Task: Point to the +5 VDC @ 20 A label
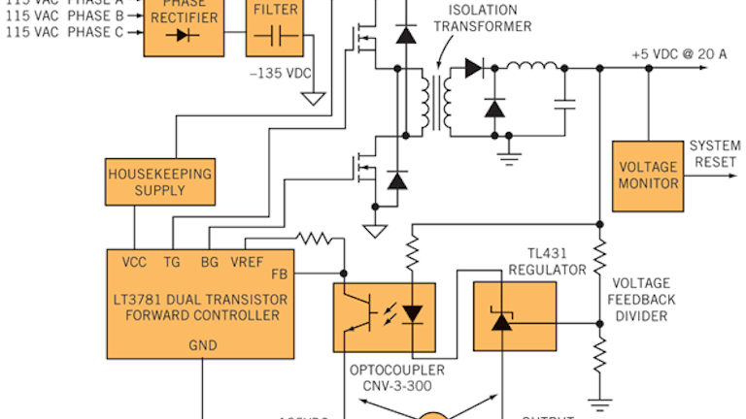[x=678, y=53]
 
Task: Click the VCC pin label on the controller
[x=135, y=262]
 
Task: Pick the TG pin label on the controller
[x=172, y=262]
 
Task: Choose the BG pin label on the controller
[x=209, y=262]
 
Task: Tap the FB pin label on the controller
[x=280, y=274]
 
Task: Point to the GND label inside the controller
[x=201, y=343]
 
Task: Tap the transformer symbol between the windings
[x=434, y=102]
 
